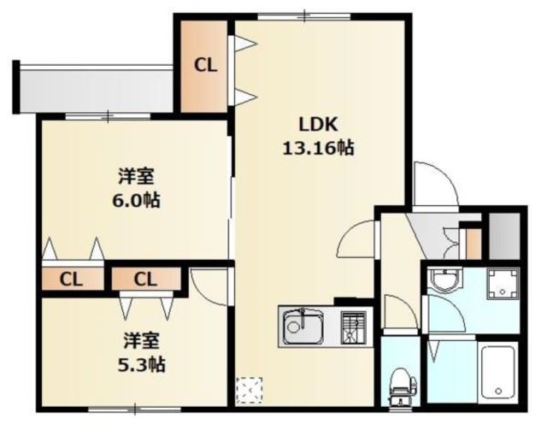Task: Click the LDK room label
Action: (319, 125)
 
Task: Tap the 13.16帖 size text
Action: (318, 148)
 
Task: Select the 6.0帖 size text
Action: (136, 201)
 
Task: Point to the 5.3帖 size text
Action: (141, 365)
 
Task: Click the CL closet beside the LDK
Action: (204, 67)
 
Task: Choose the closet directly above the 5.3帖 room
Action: (146, 279)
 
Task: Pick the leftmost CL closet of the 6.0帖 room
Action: (73, 280)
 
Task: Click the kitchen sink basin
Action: (303, 327)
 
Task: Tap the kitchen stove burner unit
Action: (353, 327)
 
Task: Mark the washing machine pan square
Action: (503, 284)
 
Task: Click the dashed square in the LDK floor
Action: (249, 390)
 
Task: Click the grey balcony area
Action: (97, 90)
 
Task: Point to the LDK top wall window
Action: (304, 16)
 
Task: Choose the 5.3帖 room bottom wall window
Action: (134, 409)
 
